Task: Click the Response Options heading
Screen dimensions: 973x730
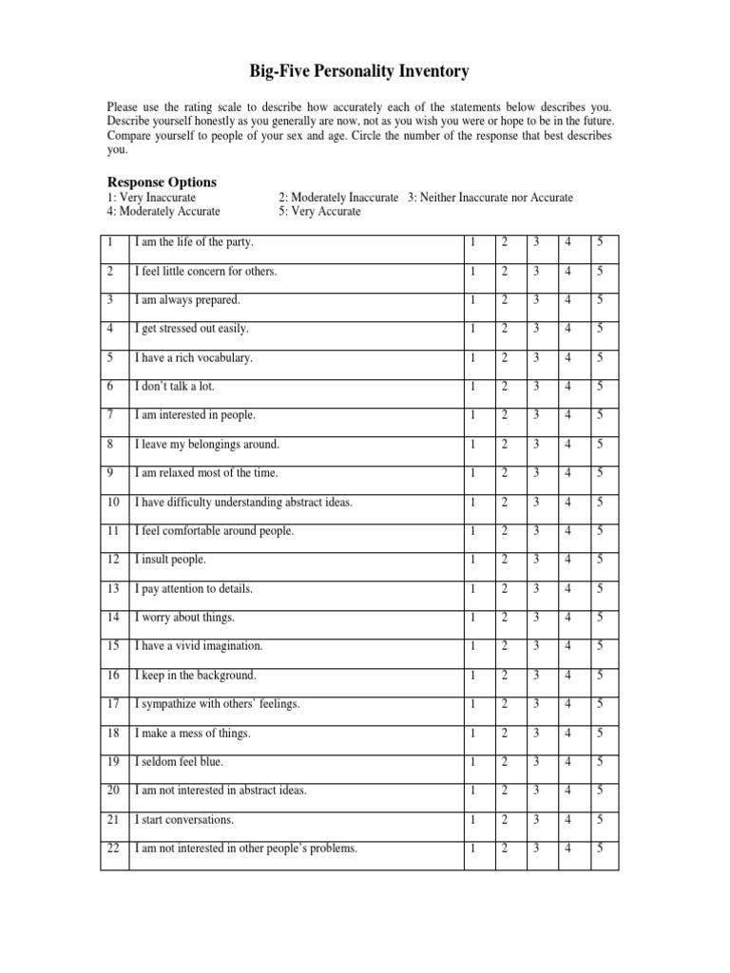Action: coord(162,181)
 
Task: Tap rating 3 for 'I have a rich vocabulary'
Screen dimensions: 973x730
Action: coord(536,358)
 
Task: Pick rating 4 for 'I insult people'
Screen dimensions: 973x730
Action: coord(567,560)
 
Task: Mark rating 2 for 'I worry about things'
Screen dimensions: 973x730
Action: coord(505,618)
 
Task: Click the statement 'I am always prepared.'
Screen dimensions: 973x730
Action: coord(187,300)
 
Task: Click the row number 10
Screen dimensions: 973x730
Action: coord(114,502)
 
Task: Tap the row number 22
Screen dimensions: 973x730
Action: coord(114,849)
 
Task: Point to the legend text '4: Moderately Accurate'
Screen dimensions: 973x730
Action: coord(163,211)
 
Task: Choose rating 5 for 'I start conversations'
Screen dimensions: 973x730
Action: coord(600,819)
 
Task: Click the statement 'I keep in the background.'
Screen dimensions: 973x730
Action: coord(196,675)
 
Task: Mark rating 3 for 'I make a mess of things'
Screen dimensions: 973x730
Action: coord(536,733)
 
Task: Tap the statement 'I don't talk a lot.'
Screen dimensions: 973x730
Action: coord(176,387)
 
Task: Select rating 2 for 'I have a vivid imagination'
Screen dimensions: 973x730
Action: coord(505,646)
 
